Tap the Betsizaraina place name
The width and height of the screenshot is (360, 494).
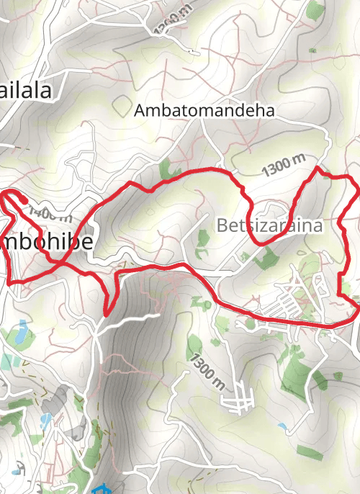tap(270, 225)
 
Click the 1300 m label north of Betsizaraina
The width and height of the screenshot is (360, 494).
tap(284, 166)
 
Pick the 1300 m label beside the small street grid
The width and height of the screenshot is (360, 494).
tap(204, 369)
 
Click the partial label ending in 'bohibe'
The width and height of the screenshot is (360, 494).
tap(46, 242)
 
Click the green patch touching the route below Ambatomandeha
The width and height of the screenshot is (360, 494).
tap(167, 170)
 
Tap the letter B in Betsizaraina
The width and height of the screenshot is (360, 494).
tap(222, 225)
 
